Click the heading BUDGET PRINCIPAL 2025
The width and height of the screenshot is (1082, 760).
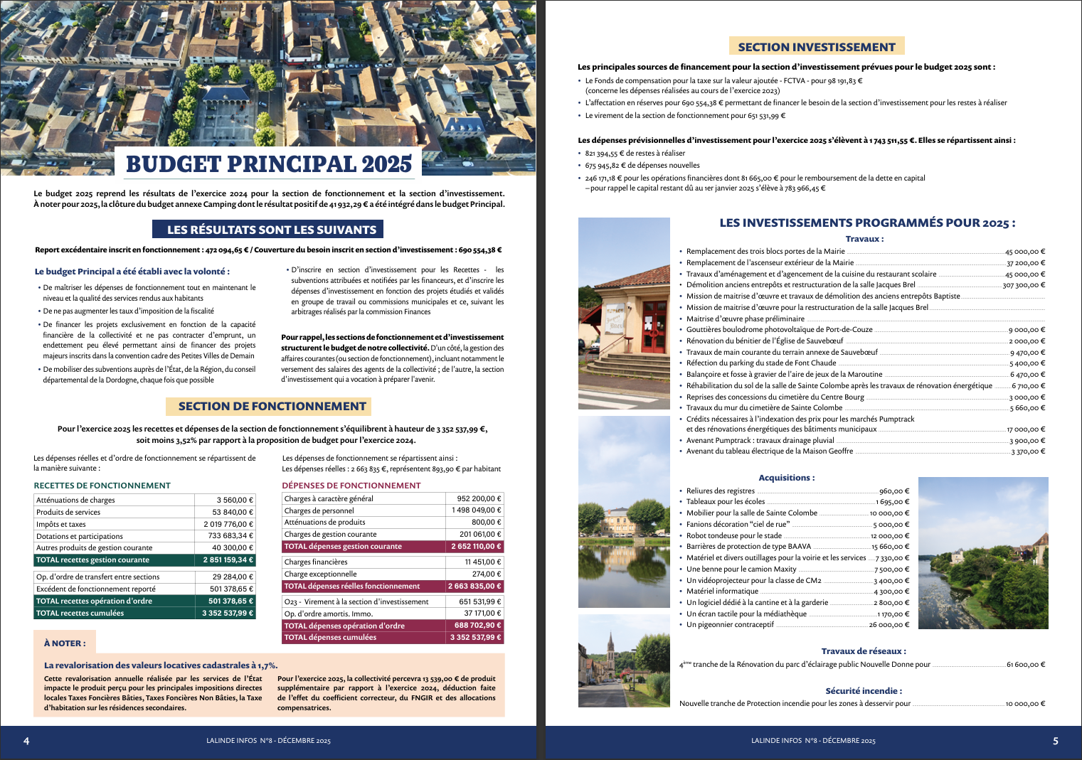pos(268,164)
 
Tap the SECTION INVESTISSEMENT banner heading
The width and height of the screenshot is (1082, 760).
pos(817,47)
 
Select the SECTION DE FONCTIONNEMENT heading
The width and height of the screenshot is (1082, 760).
pos(272,406)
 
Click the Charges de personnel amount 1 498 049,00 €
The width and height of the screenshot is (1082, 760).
pos(476,510)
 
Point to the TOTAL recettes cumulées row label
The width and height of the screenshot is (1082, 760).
pos(80,613)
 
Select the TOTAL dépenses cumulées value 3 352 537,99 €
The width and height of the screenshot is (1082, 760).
pos(475,637)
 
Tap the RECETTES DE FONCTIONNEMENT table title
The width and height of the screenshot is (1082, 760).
pos(102,486)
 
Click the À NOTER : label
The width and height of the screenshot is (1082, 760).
pos(65,643)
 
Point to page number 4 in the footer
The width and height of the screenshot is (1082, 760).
pos(26,741)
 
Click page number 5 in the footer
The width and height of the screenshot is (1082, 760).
pos(1055,741)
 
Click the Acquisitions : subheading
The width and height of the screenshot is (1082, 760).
pos(787,478)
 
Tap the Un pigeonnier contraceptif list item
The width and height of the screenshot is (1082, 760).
pos(730,625)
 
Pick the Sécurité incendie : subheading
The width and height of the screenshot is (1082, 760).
pos(864,690)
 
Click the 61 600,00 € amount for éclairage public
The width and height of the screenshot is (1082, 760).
pos(1025,665)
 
